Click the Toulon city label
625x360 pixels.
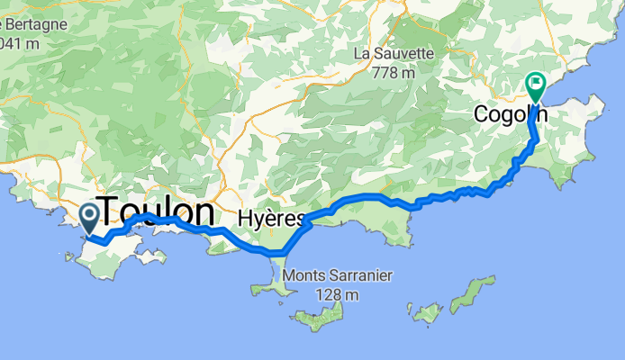(159, 211)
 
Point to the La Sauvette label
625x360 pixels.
(394, 54)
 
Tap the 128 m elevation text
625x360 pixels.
(335, 293)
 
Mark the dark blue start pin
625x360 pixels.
(90, 216)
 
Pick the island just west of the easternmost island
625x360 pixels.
(426, 313)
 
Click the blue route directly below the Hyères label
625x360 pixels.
(270, 253)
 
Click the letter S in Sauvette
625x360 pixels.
(385, 54)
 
